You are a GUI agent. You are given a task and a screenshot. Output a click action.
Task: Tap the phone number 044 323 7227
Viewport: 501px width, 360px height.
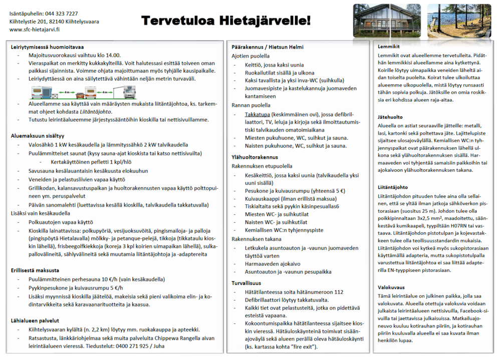(61, 14)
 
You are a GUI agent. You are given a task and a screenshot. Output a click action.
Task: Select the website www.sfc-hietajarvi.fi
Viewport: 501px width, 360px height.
(35, 30)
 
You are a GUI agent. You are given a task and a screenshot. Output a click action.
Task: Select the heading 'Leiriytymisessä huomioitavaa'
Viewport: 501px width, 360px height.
(47, 47)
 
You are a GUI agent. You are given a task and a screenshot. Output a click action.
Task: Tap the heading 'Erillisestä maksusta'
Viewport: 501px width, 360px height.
(36, 271)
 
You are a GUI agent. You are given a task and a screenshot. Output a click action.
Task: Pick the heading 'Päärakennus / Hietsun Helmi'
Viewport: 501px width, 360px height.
(268, 47)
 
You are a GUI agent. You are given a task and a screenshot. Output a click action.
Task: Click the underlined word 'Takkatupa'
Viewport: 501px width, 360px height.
(258, 115)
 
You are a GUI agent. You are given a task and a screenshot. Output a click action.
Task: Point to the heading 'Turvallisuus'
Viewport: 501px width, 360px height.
(246, 283)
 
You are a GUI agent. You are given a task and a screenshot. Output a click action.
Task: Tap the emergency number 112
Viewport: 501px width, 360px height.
(338, 292)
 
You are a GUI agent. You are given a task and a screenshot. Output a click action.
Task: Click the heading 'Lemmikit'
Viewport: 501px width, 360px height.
(389, 47)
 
